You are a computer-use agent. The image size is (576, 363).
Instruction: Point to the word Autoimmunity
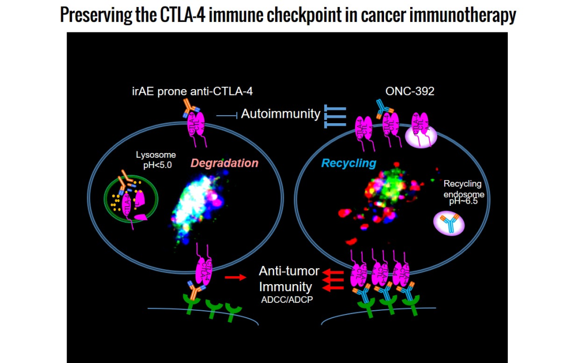pos(281,114)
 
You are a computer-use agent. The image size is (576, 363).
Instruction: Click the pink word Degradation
pos(225,163)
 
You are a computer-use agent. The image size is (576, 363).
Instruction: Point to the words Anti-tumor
pos(289,271)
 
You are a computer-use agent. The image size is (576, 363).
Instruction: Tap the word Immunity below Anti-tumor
pos(286,287)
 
